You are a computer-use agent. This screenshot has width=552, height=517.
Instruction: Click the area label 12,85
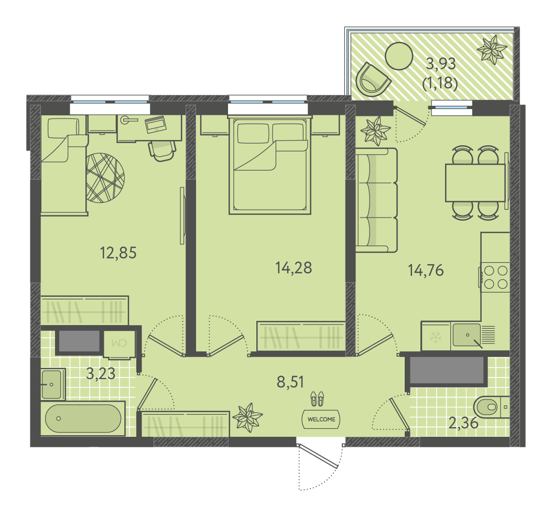pyautogui.click(x=118, y=253)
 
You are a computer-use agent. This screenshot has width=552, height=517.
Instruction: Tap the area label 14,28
pyautogui.click(x=294, y=268)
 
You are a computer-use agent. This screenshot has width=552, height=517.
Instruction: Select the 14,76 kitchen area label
pyautogui.click(x=426, y=271)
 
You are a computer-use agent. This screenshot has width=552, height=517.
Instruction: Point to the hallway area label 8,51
pyautogui.click(x=290, y=382)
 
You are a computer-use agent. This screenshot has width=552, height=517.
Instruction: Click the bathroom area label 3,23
pyautogui.click(x=101, y=373)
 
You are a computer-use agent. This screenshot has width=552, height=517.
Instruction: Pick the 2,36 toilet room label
pyautogui.click(x=463, y=423)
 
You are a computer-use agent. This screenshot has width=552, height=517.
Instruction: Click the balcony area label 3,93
pyautogui.click(x=441, y=64)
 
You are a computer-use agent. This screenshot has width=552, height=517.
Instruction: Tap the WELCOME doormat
pyautogui.click(x=321, y=419)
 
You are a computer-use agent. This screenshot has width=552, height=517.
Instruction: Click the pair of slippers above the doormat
pyautogui.click(x=317, y=398)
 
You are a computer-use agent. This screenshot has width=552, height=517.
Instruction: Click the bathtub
pyautogui.click(x=83, y=418)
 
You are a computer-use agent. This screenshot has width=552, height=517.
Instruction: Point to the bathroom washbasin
pyautogui.click(x=53, y=384)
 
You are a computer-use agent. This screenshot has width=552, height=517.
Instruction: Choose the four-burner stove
pyautogui.click(x=495, y=277)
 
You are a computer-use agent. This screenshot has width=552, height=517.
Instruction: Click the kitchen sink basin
pyautogui.click(x=467, y=335)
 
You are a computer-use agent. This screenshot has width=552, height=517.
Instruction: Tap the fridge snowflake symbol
pyautogui.click(x=436, y=338)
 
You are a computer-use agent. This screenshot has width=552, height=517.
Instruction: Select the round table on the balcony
pyautogui.click(x=398, y=56)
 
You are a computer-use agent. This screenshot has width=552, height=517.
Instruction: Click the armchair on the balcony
pyautogui.click(x=373, y=80)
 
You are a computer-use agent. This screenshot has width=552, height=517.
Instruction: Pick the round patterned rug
pyautogui.click(x=105, y=178)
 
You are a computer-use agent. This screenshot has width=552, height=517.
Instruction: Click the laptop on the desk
pyautogui.click(x=156, y=124)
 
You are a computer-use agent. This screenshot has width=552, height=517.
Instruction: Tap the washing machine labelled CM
pyautogui.click(x=120, y=343)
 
